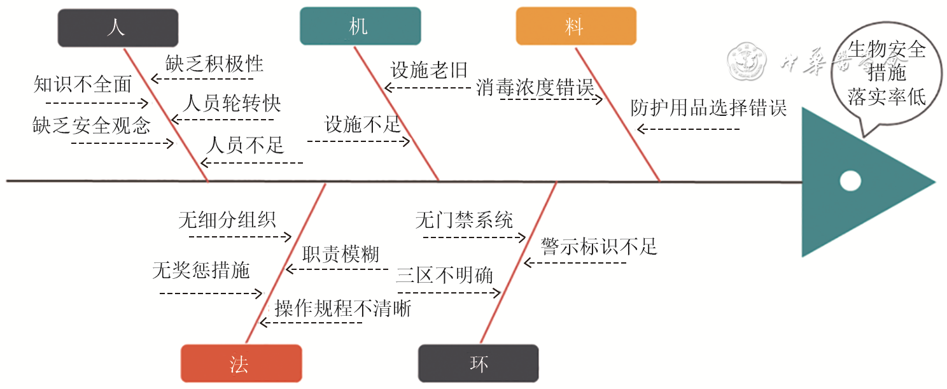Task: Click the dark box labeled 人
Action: click(118, 28)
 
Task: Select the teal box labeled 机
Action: click(360, 26)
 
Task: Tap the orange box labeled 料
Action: click(575, 26)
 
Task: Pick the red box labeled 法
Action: click(241, 364)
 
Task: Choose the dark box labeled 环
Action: click(478, 364)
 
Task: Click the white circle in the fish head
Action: click(850, 181)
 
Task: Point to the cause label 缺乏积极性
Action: click(214, 64)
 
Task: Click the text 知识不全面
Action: click(83, 85)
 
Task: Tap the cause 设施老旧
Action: click(429, 70)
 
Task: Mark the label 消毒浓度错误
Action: click(535, 88)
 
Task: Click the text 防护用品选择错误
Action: click(708, 108)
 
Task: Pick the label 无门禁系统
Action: click(464, 221)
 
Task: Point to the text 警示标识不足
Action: click(599, 246)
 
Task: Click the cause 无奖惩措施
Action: click(201, 271)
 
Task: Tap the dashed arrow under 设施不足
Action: click(358, 141)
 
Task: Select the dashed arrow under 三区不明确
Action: click(449, 293)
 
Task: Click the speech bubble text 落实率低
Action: click(887, 97)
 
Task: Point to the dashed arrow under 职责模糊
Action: click(337, 269)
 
